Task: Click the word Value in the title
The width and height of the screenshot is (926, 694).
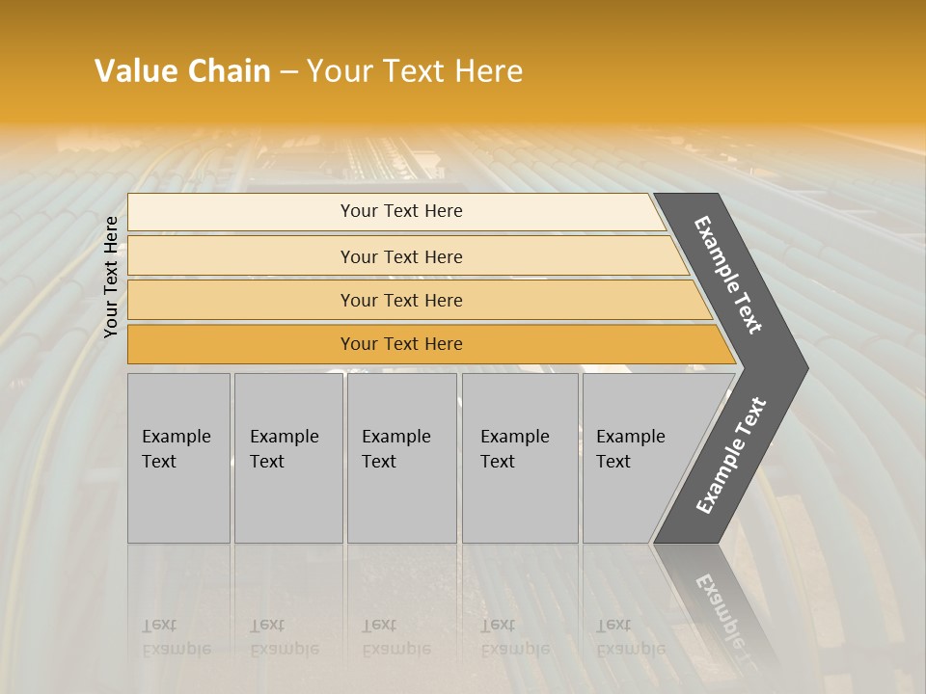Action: pyautogui.click(x=136, y=71)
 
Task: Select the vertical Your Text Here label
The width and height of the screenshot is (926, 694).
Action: pyautogui.click(x=111, y=277)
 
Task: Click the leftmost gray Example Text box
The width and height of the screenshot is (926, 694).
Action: pyautogui.click(x=178, y=458)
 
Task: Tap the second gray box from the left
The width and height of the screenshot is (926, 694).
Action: pyautogui.click(x=288, y=458)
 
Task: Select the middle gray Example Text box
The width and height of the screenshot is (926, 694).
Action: pyautogui.click(x=401, y=458)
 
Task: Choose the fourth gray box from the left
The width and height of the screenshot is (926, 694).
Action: pyautogui.click(x=520, y=458)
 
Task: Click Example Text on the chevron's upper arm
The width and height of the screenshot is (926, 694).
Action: pyautogui.click(x=728, y=275)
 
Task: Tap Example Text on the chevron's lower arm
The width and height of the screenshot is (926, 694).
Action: pyautogui.click(x=731, y=455)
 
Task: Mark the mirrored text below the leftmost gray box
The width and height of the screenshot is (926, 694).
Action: pyautogui.click(x=176, y=637)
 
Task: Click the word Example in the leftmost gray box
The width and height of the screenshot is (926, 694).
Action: pyautogui.click(x=176, y=437)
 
